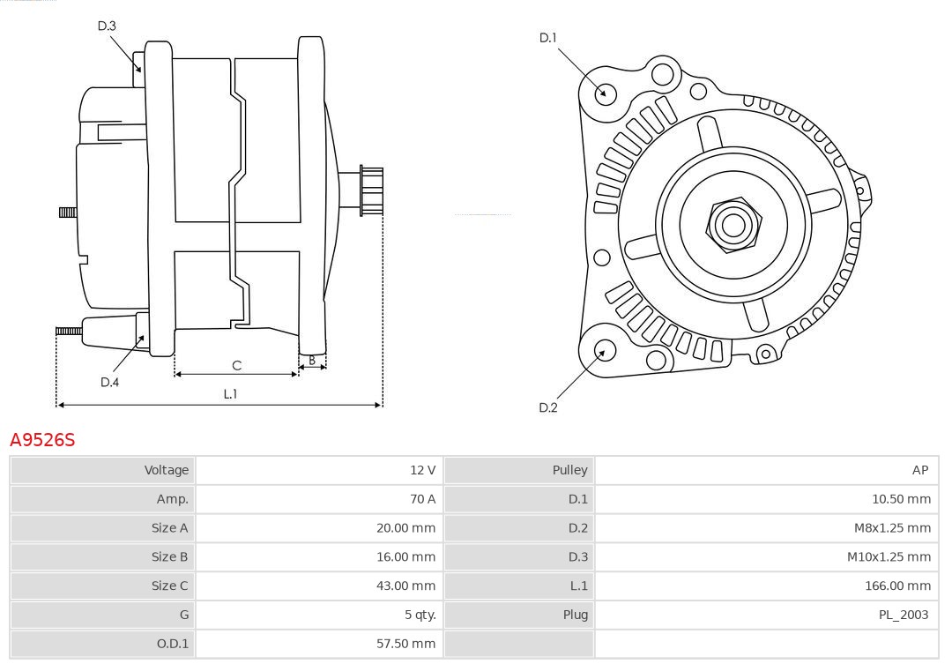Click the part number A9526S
click(42, 439)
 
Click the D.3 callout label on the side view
click(107, 26)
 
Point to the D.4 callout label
click(109, 382)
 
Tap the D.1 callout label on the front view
click(548, 37)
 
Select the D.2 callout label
click(548, 407)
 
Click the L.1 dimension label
click(230, 394)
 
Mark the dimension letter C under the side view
click(236, 365)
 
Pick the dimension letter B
click(312, 360)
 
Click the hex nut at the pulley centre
click(733, 225)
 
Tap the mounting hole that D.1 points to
click(606, 92)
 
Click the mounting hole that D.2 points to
click(604, 351)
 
